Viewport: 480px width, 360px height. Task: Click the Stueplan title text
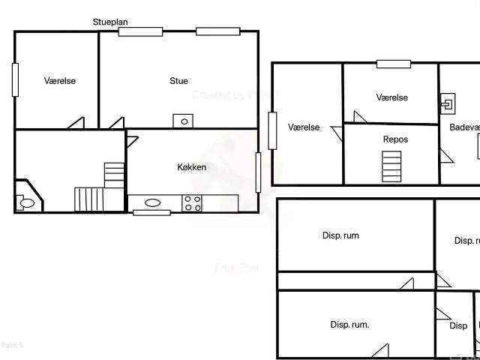click(110, 22)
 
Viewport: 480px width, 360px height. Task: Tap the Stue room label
click(178, 81)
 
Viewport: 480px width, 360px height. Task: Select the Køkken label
click(191, 167)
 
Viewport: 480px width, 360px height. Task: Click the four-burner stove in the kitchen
click(192, 202)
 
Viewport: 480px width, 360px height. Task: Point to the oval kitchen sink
click(152, 202)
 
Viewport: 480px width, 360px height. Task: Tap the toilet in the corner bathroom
click(26, 202)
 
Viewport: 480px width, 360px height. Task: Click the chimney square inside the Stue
click(183, 121)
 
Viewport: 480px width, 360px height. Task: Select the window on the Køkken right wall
click(258, 172)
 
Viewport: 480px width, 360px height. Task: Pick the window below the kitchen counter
click(151, 213)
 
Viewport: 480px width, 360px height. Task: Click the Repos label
click(395, 139)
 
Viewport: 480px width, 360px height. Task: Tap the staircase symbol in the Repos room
click(391, 166)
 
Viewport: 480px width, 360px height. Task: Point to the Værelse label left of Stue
click(60, 81)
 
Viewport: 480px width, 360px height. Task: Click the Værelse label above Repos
click(391, 97)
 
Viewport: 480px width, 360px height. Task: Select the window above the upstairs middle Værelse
click(393, 64)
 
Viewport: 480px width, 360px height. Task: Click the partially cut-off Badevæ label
click(464, 127)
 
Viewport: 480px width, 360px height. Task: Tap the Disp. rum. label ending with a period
click(349, 325)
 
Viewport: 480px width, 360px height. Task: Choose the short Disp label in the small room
click(458, 326)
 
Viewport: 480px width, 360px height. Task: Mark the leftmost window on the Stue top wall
click(140, 31)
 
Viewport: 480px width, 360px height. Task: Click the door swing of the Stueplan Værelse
click(76, 122)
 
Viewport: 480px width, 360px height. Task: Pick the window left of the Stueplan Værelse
click(15, 79)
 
